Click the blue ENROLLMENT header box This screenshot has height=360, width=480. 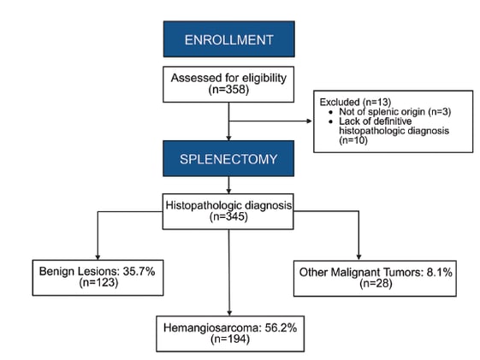[x=228, y=40]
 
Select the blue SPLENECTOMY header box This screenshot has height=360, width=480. [x=228, y=160]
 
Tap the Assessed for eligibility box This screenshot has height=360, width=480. [x=228, y=83]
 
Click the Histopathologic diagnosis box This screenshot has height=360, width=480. [x=228, y=211]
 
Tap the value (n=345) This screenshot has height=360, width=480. [x=228, y=217]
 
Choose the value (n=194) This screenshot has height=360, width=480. [x=229, y=339]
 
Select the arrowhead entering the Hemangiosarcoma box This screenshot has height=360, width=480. [x=229, y=313]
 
